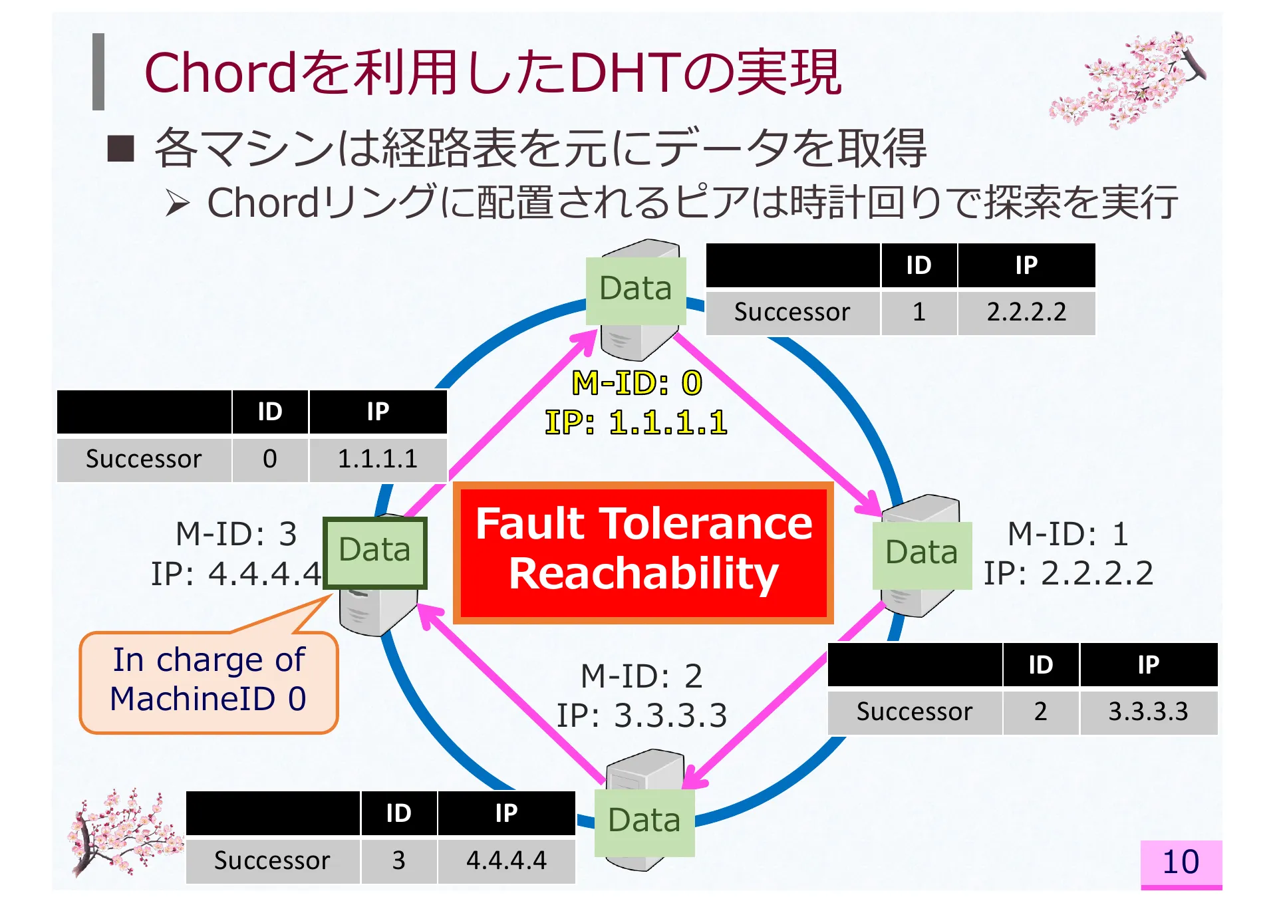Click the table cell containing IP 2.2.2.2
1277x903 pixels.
click(x=1026, y=312)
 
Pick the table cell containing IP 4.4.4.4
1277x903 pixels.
click(x=506, y=860)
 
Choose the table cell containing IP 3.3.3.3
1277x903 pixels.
click(x=1149, y=711)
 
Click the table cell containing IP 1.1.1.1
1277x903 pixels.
click(x=378, y=459)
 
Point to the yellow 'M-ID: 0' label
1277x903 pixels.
click(x=637, y=383)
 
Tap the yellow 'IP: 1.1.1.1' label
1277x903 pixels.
click(x=637, y=422)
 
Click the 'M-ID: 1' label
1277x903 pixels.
click(x=1068, y=534)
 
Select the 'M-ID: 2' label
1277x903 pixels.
click(x=642, y=676)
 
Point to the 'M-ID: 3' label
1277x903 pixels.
click(x=236, y=534)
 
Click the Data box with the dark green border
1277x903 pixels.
click(x=374, y=553)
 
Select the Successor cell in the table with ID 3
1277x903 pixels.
click(x=272, y=860)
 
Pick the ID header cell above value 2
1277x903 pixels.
click(x=1041, y=664)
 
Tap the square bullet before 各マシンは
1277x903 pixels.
click(x=121, y=149)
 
